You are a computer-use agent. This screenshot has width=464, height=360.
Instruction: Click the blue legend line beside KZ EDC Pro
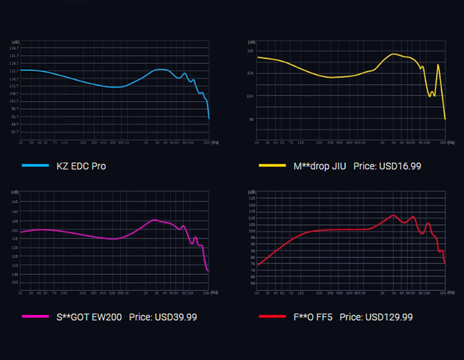point(35,166)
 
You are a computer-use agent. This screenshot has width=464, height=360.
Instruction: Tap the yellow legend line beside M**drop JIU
point(271,166)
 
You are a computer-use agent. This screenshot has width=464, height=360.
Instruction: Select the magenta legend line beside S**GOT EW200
point(35,317)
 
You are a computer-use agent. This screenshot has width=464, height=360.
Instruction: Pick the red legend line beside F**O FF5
point(271,317)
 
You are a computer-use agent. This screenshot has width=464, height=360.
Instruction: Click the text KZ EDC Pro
point(81,166)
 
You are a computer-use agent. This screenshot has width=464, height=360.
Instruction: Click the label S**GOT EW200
point(89,317)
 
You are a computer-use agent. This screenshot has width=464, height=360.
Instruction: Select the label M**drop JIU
point(320,166)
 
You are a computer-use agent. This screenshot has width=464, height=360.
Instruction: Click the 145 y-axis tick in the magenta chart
point(15,202)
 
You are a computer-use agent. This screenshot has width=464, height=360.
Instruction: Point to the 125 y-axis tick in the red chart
point(252,198)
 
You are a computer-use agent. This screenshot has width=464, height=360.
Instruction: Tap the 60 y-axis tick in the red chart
point(252,283)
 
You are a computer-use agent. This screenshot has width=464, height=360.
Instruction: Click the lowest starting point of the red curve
point(258,265)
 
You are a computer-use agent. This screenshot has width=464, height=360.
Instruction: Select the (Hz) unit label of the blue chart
point(215,142)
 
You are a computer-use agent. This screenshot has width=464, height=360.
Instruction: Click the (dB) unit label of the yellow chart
point(252,42)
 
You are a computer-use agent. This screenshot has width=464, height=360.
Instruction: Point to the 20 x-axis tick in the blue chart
point(21,142)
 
